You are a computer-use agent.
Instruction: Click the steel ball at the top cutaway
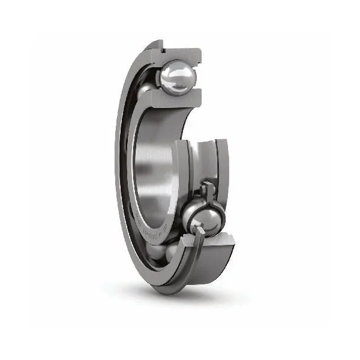coord(176,77)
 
